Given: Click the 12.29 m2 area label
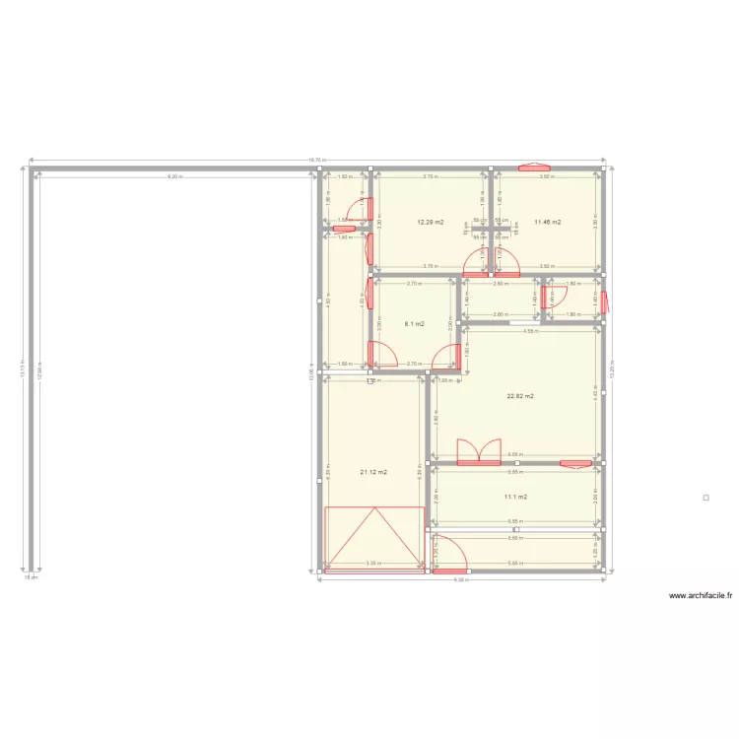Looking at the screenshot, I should tap(430, 223).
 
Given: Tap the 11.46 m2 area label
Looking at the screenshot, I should tap(547, 223).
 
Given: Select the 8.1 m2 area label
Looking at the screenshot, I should tap(415, 323).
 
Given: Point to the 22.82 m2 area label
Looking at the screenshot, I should tap(520, 396).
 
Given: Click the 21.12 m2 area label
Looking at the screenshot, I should tap(373, 472).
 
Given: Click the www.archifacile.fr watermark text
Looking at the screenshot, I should tap(702, 595).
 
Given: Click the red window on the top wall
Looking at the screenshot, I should tap(540, 167).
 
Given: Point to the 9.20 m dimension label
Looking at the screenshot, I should tap(174, 176).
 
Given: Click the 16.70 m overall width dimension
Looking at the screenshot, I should tap(317, 161).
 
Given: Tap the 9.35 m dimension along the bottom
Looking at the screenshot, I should tap(460, 580).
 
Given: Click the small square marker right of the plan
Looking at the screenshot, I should tap(705, 499).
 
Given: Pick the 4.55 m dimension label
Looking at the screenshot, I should tap(530, 331).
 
